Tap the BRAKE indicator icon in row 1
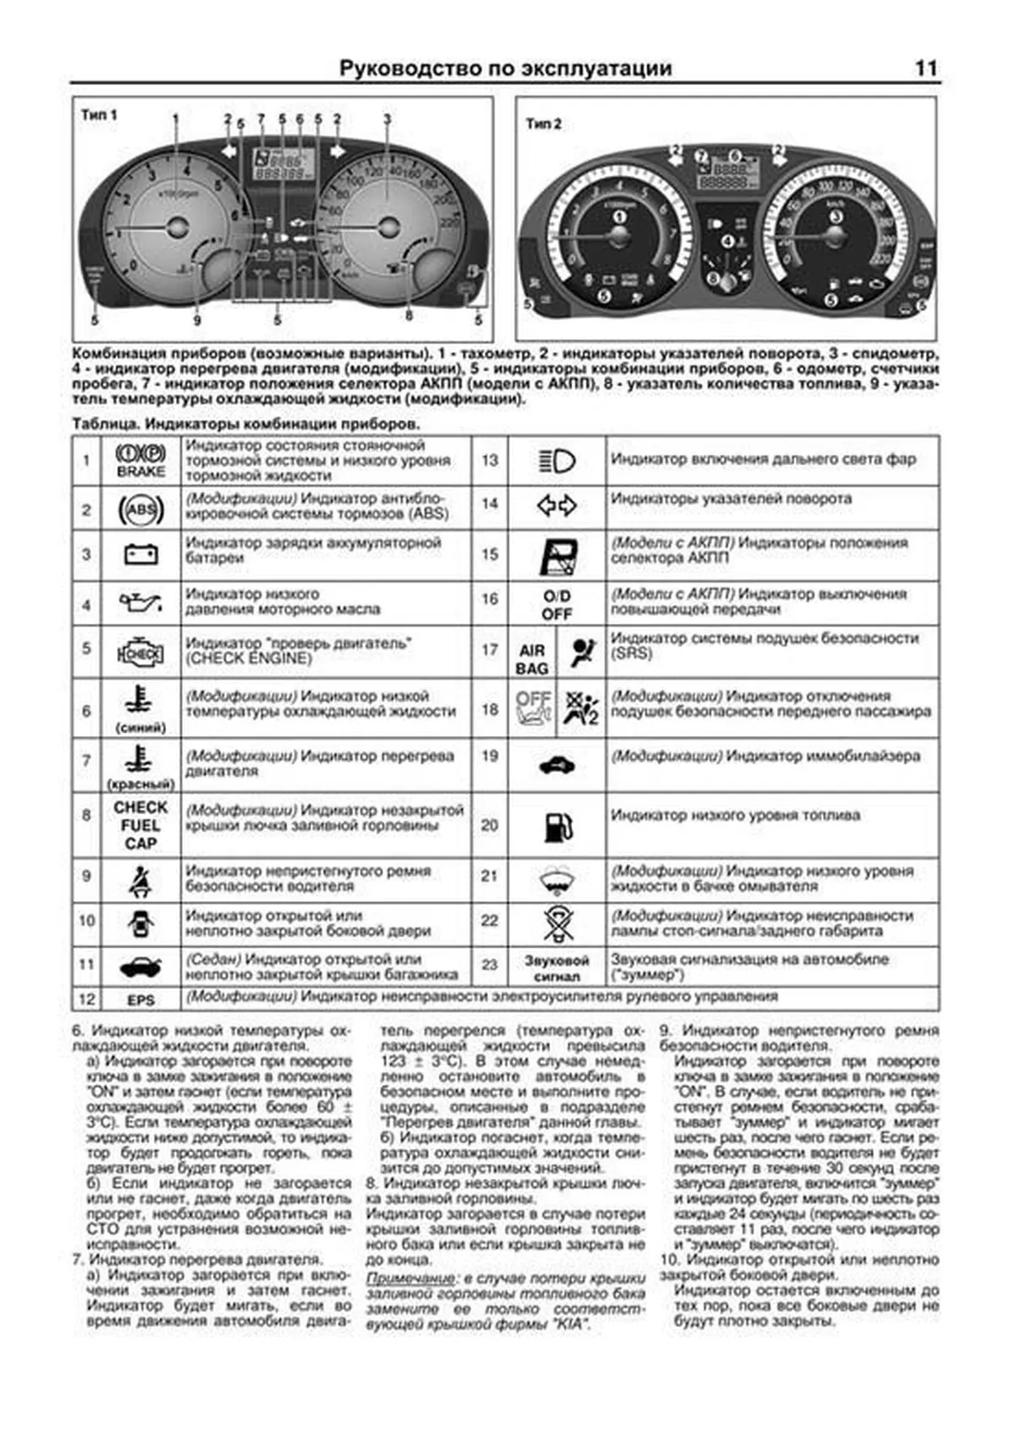coord(140,460)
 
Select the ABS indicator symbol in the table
coord(140,509)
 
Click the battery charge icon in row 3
coord(140,555)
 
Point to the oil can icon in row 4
coord(140,603)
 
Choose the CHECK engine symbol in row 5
coord(140,653)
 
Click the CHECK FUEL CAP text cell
coord(140,825)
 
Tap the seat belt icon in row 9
coord(140,881)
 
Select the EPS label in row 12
coord(140,1000)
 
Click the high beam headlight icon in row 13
coord(556,461)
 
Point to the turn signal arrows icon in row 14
coord(556,505)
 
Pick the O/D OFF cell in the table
coord(556,605)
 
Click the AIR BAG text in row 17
coord(532,659)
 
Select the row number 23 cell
coord(489,965)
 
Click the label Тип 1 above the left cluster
coord(99,115)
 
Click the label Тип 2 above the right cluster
coord(543,124)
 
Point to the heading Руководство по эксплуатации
coord(505,69)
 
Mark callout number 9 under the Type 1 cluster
coord(197,320)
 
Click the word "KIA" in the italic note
coord(570,1325)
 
